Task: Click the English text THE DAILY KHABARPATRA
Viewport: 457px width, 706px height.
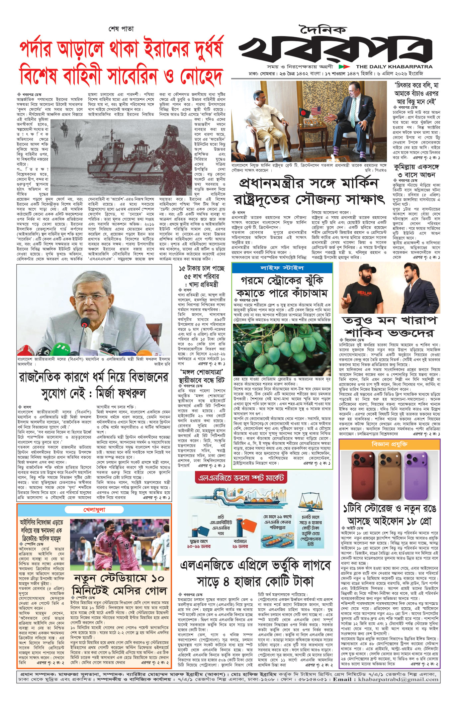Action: (394, 66)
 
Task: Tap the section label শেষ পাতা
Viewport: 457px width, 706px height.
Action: (121, 29)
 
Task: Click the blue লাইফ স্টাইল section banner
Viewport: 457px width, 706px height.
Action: (282, 268)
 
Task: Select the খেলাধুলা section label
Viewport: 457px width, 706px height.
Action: (94, 510)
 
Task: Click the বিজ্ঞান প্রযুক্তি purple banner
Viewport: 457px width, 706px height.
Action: (390, 444)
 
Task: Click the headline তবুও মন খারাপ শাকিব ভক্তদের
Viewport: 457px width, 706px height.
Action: (389, 327)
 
